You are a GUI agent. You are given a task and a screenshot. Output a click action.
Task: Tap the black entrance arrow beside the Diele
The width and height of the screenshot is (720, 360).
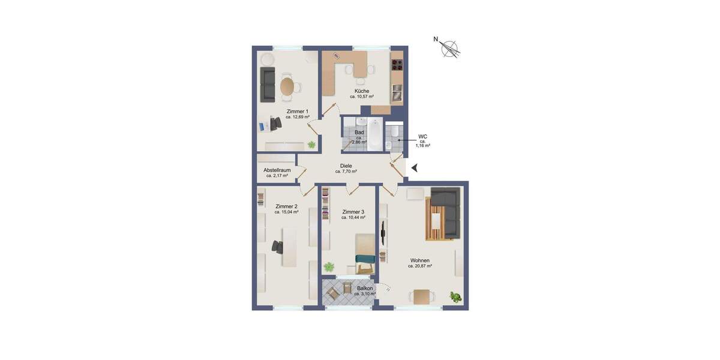point(414,169)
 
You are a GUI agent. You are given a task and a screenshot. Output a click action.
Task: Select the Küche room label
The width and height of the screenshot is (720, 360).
point(361,91)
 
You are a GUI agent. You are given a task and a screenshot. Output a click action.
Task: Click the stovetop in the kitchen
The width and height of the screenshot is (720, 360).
point(397,63)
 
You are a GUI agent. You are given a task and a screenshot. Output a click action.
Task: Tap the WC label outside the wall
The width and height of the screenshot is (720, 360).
point(422,136)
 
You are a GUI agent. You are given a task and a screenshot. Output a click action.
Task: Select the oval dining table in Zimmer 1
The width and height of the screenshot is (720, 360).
point(288,87)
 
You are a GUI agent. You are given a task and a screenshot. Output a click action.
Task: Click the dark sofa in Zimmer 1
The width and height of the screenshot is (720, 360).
point(268,85)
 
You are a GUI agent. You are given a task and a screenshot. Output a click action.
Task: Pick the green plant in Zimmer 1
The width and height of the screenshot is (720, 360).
point(311,144)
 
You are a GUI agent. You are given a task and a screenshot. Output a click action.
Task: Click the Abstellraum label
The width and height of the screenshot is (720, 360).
point(277,170)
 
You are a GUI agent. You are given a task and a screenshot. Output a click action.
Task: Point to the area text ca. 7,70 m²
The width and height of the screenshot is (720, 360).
point(346,172)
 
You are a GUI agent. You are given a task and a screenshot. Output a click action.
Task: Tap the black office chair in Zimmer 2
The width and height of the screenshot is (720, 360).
point(278,246)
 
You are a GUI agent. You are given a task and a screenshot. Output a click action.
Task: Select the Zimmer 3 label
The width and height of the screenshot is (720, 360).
point(353,212)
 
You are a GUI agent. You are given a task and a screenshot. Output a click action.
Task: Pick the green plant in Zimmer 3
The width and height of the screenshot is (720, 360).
point(329,267)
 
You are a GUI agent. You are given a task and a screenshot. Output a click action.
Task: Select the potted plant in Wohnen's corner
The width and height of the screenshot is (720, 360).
point(456,296)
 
